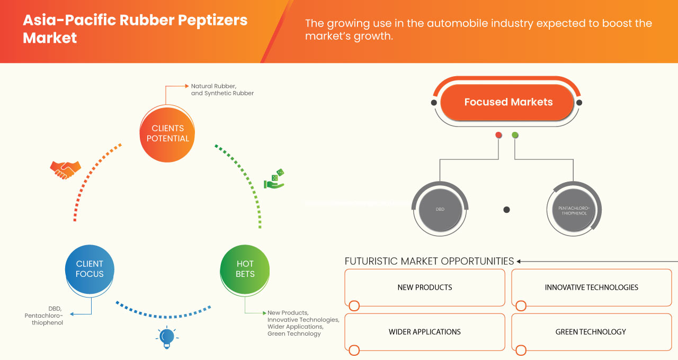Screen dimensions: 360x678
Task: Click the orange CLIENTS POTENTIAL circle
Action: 167,133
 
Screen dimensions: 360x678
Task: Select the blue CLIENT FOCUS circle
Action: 90,269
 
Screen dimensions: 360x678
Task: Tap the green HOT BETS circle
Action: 245,269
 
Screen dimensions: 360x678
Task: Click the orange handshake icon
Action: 65,169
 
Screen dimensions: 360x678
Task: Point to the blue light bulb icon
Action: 167,337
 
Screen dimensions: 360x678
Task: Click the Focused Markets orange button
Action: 508,102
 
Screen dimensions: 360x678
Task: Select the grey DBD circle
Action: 440,210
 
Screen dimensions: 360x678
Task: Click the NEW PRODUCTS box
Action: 425,287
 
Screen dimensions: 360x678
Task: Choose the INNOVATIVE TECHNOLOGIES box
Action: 591,287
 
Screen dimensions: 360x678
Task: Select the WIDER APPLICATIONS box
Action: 425,332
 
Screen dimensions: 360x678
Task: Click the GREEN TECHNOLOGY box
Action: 591,332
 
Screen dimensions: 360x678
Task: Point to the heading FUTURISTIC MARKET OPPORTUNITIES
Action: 429,261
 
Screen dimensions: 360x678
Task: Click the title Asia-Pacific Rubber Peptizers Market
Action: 135,29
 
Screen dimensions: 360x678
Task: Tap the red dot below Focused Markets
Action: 498,136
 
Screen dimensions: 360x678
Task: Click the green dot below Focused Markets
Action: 515,136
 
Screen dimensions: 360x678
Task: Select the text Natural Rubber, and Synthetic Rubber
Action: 222,89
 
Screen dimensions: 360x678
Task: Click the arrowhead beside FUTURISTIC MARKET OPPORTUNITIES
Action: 519,261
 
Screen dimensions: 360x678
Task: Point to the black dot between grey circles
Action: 506,210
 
